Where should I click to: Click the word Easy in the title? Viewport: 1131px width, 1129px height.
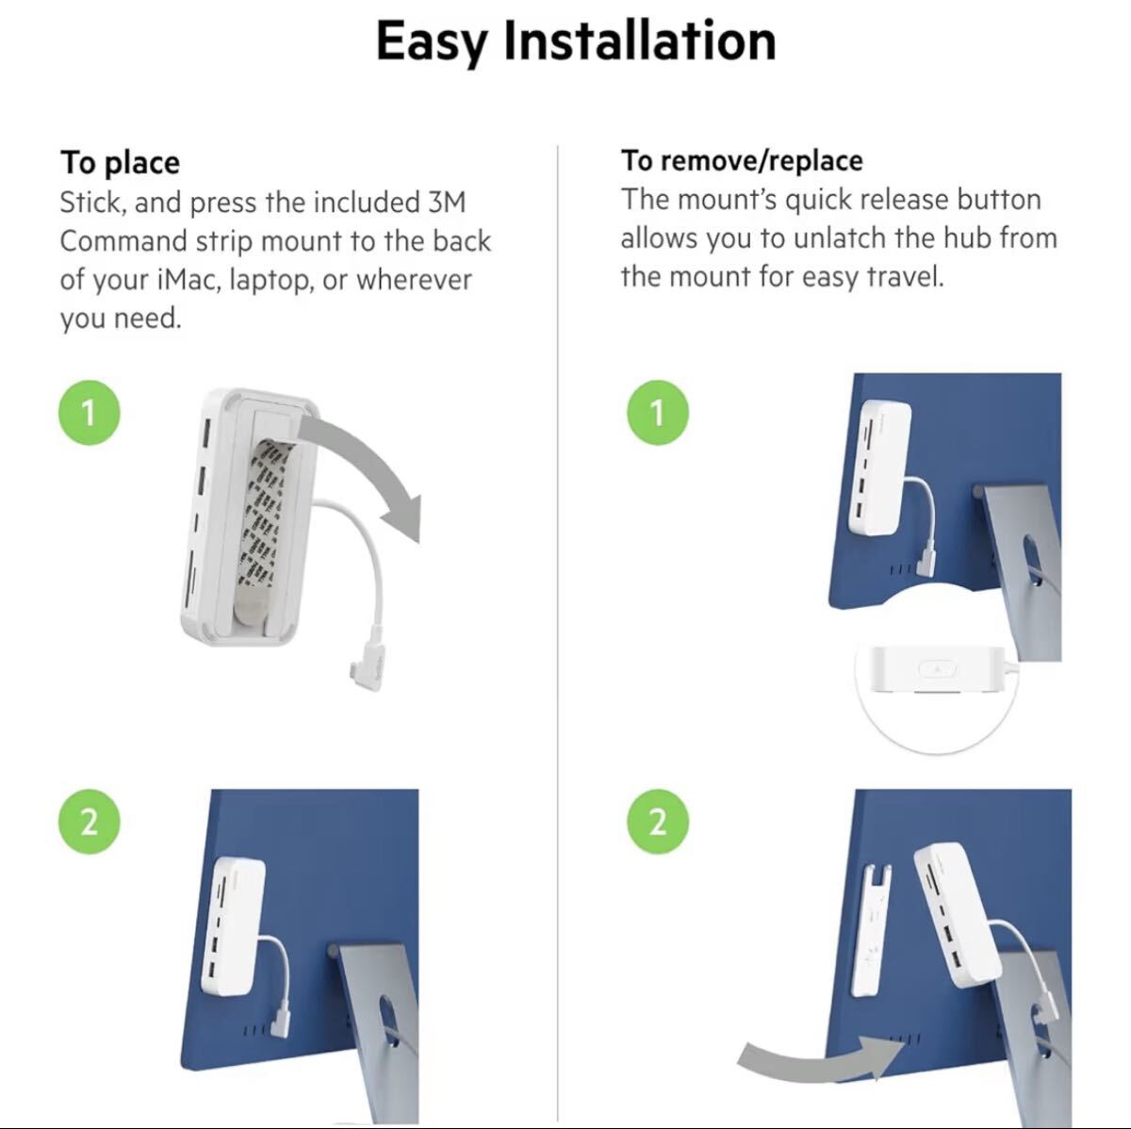click(432, 41)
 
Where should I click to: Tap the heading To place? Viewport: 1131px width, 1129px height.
click(120, 163)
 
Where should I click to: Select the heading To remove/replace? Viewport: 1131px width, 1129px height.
click(742, 160)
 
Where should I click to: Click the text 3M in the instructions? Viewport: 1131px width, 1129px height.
click(444, 202)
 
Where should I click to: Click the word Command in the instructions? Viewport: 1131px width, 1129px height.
click(123, 241)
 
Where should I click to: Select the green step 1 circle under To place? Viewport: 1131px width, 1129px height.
click(90, 413)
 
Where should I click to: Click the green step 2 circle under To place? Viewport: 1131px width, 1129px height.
click(90, 822)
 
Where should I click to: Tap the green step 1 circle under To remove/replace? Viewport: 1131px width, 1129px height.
click(658, 413)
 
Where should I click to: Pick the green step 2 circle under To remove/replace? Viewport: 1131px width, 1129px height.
click(658, 822)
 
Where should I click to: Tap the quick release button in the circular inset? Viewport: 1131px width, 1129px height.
click(937, 669)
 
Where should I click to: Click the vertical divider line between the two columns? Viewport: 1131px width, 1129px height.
click(557, 634)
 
